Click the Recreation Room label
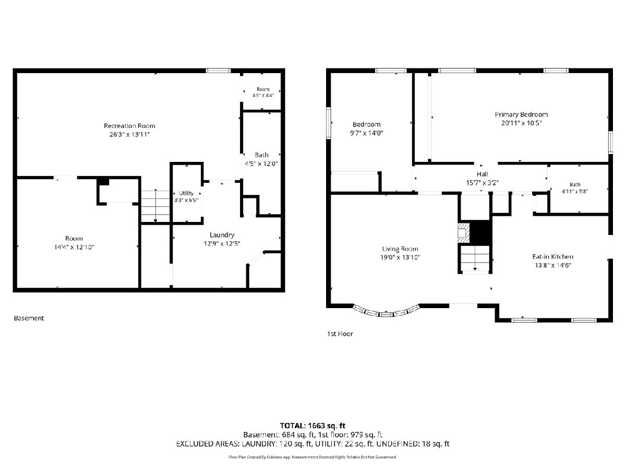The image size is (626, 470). click(129, 126)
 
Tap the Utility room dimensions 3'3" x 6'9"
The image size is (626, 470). click(186, 200)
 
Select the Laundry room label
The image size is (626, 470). click(222, 235)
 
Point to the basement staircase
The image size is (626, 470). click(155, 206)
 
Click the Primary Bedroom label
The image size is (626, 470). click(521, 115)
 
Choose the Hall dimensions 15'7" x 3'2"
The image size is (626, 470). click(482, 183)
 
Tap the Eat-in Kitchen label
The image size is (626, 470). click(552, 256)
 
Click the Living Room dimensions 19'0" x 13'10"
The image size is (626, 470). click(400, 257)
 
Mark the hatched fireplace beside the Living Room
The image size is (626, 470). click(464, 233)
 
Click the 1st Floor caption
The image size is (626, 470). click(340, 334)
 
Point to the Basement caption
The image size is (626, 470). click(29, 318)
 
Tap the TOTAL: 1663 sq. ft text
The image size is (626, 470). click(312, 426)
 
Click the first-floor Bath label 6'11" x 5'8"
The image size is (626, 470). click(575, 188)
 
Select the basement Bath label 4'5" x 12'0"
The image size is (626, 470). click(261, 159)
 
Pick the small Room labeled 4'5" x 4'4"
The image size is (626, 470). click(263, 92)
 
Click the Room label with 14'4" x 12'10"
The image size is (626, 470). click(74, 243)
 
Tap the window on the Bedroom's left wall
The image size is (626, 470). click(328, 123)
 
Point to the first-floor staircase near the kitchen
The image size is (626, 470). click(475, 258)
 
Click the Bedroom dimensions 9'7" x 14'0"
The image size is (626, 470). click(367, 133)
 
